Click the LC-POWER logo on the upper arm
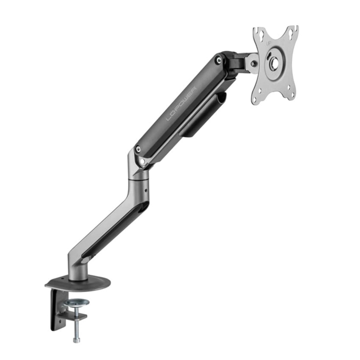pyautogui.click(x=182, y=104)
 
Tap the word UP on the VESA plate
pyautogui.click(x=269, y=43)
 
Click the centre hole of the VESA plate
pyautogui.click(x=275, y=64)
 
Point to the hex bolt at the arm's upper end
pyautogui.click(x=219, y=60)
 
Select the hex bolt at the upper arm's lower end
pyautogui.click(x=139, y=149)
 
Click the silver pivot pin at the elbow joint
pyautogui.click(x=142, y=162)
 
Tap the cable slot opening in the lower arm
pyautogui.click(x=112, y=229)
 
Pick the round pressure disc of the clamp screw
pyautogui.click(x=76, y=302)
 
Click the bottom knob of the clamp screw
pyautogui.click(x=76, y=340)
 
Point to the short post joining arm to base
pyautogui.click(x=78, y=271)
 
